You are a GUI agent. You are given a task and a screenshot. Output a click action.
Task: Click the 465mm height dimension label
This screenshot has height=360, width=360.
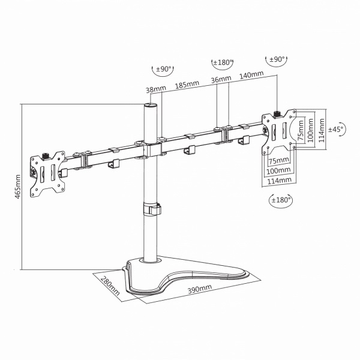point(17,187)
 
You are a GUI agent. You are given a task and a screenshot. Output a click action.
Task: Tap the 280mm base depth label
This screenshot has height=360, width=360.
point(110,286)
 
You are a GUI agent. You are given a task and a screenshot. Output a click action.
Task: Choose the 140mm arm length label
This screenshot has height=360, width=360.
point(251,74)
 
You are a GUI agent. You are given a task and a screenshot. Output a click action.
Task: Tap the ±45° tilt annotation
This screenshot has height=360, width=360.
point(337,129)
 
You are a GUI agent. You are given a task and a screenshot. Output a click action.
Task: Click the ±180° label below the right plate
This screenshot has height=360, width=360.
point(281,200)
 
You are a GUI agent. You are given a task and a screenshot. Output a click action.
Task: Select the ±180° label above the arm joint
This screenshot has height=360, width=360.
point(222,62)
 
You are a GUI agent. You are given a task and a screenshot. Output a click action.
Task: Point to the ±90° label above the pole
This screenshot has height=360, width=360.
point(163,69)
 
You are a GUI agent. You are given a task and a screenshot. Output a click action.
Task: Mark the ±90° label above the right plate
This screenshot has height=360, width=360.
point(277,59)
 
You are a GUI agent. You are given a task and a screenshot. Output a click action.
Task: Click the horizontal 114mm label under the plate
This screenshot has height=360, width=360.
point(279,181)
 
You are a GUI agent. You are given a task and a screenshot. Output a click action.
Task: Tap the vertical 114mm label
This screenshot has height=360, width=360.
point(322,130)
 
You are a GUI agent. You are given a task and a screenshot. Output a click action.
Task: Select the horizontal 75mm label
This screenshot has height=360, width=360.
point(279,161)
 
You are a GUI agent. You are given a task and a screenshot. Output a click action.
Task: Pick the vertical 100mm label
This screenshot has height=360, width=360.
point(311,130)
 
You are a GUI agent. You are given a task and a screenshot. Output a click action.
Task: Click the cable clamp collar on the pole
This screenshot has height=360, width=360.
point(152,209)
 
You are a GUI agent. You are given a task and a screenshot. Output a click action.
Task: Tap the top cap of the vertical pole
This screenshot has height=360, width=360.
point(150,106)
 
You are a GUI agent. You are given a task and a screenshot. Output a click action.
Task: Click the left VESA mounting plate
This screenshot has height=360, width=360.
point(47,174)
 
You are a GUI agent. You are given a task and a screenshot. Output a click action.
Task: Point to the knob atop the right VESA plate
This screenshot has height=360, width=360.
point(278,113)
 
